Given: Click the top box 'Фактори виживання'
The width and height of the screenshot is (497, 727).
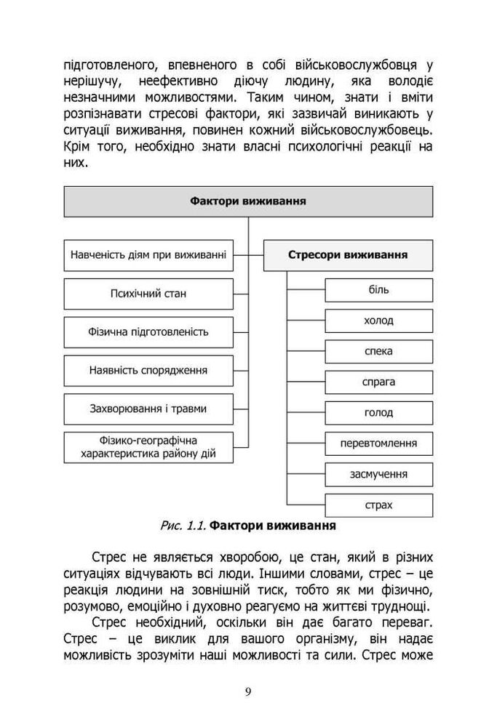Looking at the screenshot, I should tap(247, 201).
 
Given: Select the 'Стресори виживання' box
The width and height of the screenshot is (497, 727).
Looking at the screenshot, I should tap(348, 255).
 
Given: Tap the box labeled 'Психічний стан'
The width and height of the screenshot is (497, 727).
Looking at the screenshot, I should tap(148, 294).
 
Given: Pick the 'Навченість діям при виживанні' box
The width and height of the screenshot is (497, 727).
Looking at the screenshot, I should tap(148, 255).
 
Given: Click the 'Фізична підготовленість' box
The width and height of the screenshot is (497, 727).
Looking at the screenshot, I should tap(148, 332).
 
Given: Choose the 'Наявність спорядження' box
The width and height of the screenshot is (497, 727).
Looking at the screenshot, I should tap(148, 370).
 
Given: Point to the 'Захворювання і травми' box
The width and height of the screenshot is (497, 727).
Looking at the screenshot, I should tap(148, 409).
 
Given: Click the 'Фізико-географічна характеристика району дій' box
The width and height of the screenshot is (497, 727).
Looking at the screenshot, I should tap(148, 448).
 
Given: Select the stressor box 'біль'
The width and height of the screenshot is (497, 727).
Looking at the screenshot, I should tap(378, 290).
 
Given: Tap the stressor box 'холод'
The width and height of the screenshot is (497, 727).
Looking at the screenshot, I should tap(378, 321).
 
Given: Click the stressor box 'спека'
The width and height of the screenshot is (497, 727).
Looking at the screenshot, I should tap(378, 351).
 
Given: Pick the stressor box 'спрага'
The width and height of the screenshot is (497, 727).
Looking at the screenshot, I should tap(378, 382).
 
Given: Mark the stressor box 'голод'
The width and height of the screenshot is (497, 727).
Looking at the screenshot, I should tap(378, 412).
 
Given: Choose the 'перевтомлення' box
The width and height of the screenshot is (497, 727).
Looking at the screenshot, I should tap(378, 443).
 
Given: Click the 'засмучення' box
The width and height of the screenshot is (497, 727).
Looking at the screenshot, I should tap(378, 474).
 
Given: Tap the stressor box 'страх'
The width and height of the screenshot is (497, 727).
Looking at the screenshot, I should tap(378, 505).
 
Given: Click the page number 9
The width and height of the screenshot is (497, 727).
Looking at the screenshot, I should tap(248, 691).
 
